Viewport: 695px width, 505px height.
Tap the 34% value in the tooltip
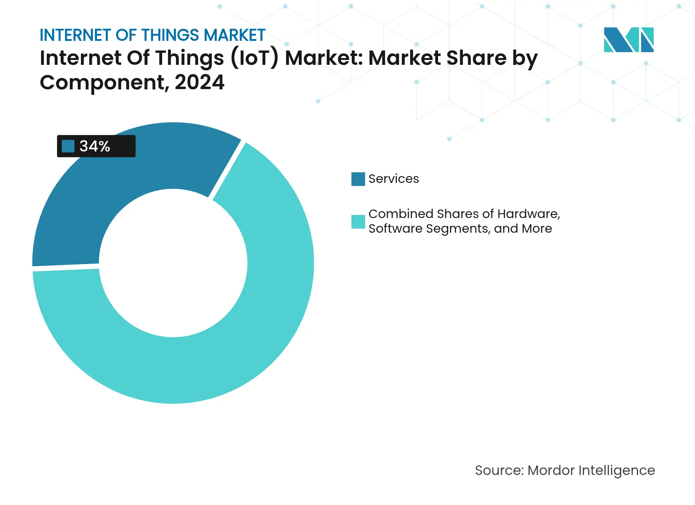click(x=95, y=146)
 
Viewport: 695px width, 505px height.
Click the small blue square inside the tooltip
click(x=68, y=146)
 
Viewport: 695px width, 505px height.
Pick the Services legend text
click(x=393, y=179)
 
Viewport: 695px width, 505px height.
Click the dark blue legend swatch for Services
click(x=358, y=179)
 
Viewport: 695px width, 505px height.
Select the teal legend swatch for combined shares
click(x=358, y=221)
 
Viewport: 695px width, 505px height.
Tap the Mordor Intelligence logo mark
click(x=628, y=40)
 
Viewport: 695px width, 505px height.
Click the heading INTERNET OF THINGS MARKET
click(x=152, y=35)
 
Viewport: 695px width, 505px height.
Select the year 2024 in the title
click(x=199, y=82)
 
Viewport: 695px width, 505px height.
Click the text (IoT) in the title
click(x=254, y=58)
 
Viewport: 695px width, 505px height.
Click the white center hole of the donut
click(x=173, y=263)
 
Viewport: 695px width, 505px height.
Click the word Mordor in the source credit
click(x=551, y=470)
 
